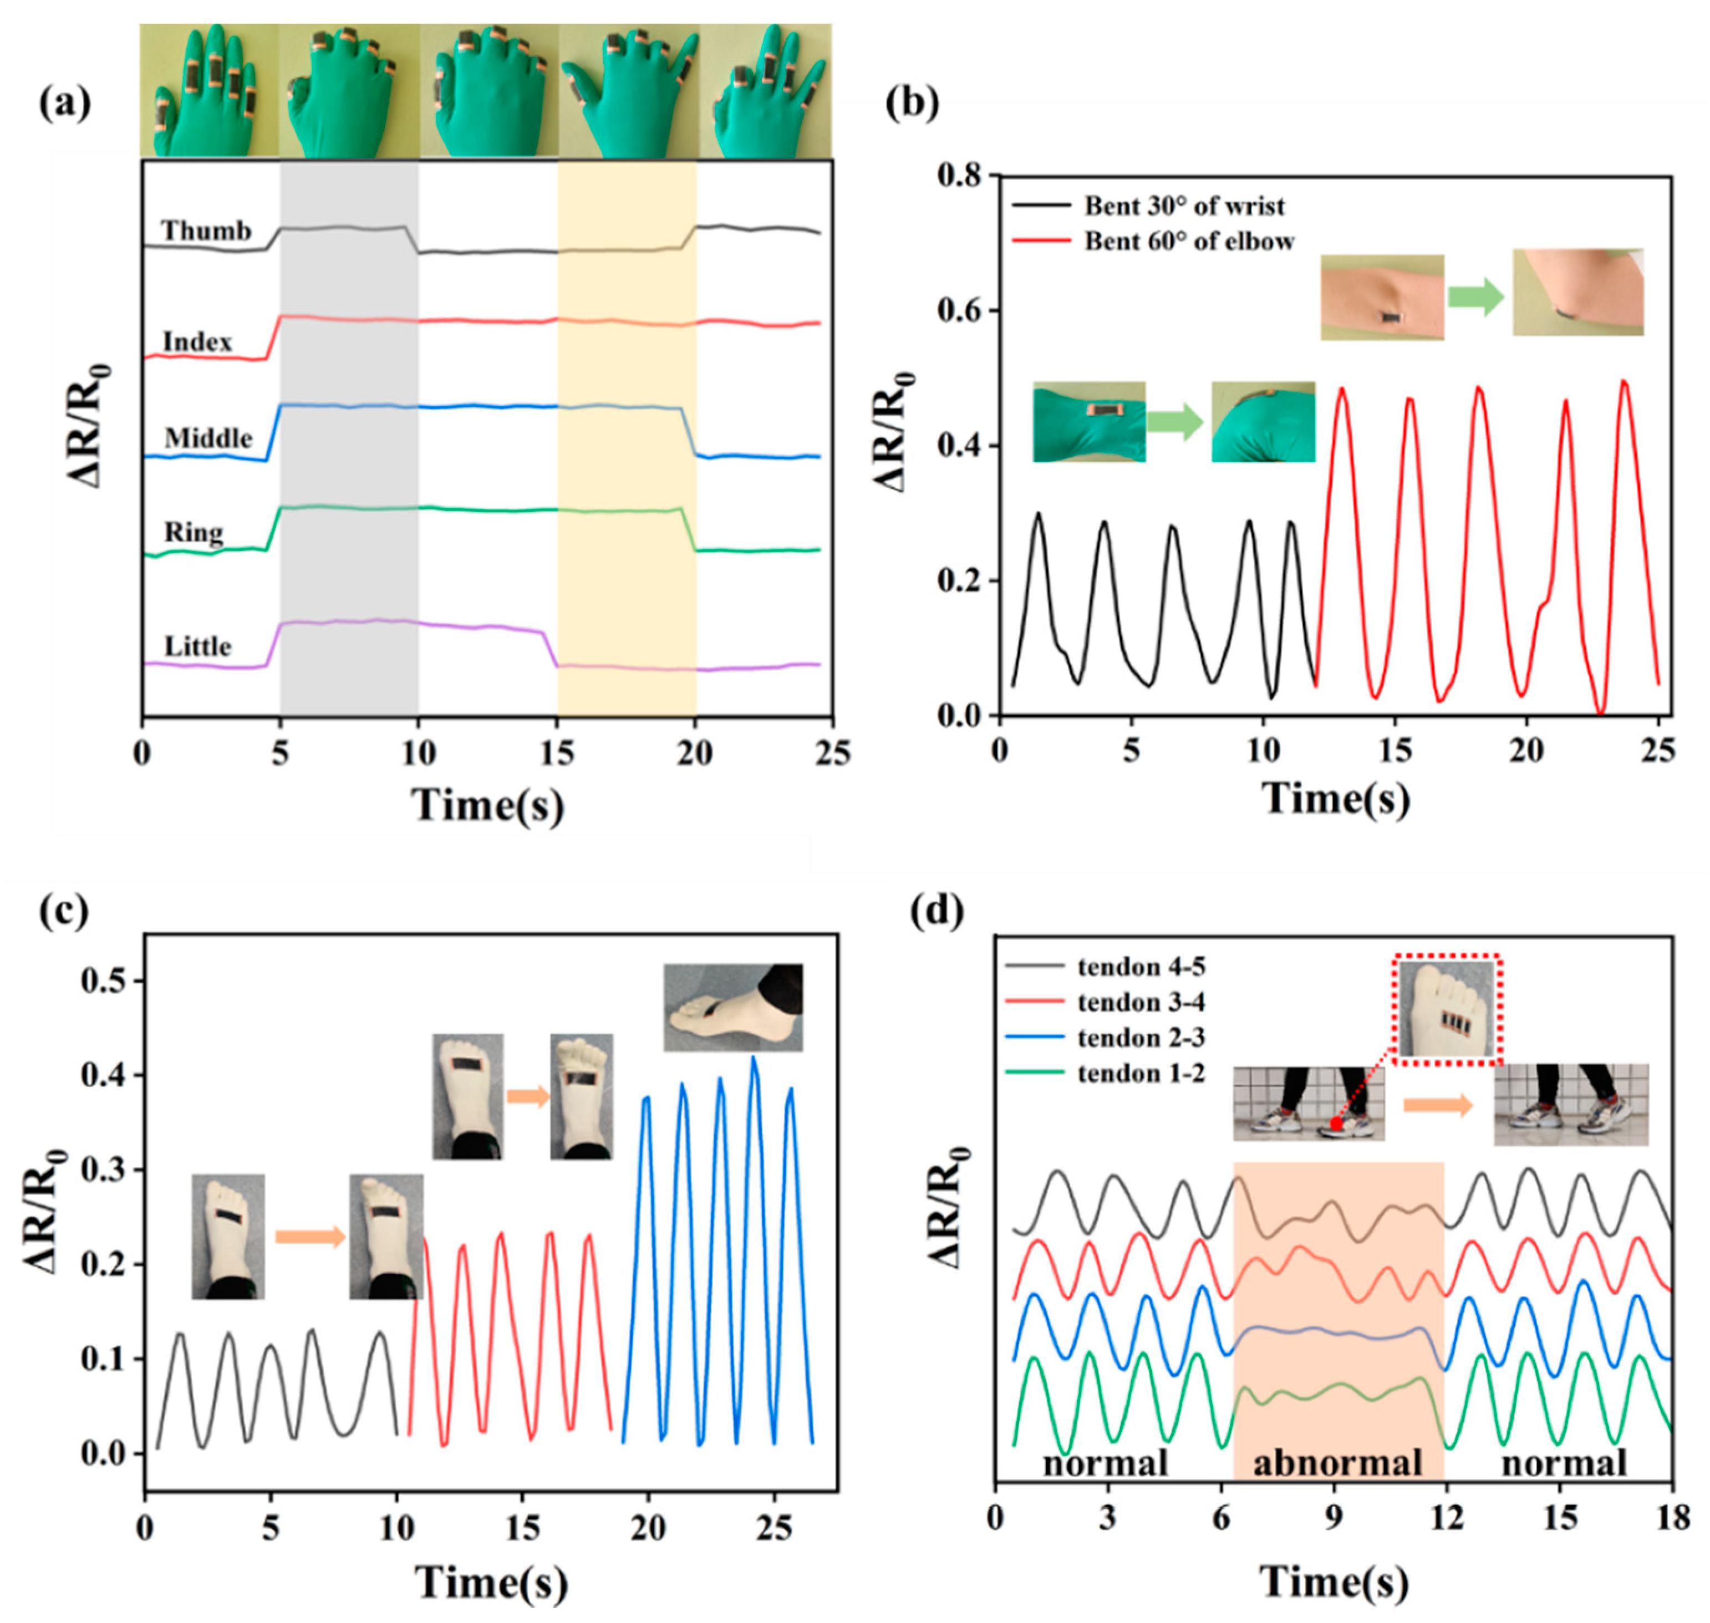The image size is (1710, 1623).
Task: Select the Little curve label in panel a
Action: [198, 646]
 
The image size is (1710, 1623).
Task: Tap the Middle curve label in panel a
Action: [208, 438]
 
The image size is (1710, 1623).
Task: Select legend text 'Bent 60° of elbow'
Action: [1189, 241]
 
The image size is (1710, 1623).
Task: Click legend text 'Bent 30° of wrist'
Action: [1184, 206]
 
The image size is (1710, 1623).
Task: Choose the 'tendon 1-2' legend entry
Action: [1141, 1074]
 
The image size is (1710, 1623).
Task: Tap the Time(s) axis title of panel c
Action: [491, 1583]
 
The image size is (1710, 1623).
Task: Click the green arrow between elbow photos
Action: [1477, 296]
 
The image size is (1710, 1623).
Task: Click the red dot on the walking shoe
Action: [1336, 1124]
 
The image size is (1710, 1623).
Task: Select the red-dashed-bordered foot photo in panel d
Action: [1447, 1009]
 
